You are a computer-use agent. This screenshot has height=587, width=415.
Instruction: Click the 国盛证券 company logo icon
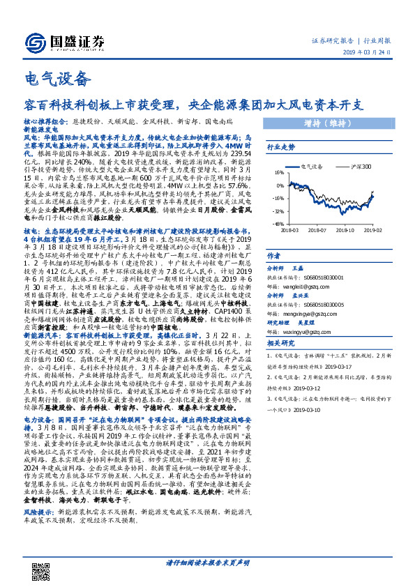tap(37, 43)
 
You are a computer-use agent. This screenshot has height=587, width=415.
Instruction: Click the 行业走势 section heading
tap(281, 148)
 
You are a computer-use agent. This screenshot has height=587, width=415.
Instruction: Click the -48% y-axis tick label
tap(278, 224)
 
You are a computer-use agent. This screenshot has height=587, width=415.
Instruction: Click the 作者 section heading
tap(274, 256)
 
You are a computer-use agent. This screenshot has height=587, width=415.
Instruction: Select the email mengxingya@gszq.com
tap(303, 314)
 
